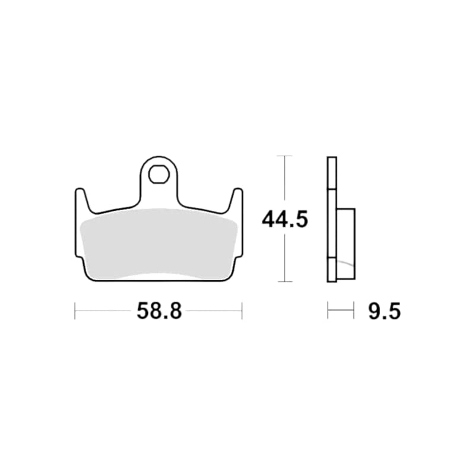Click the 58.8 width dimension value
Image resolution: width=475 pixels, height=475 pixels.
[159, 311]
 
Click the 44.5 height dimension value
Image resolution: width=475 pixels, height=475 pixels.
[285, 219]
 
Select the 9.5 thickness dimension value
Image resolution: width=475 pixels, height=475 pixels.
[384, 311]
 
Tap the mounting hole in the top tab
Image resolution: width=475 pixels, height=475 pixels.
[159, 174]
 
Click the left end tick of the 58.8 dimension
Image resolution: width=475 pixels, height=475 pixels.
[75, 311]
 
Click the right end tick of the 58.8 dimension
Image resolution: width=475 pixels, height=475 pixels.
[242, 311]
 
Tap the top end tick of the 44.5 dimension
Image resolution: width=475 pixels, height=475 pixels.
[285, 156]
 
